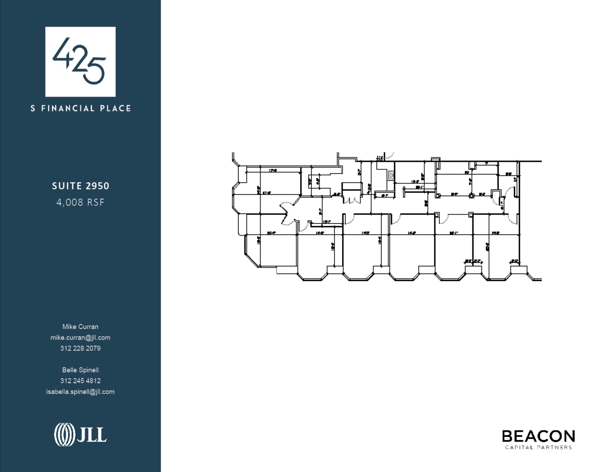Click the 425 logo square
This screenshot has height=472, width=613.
click(80, 62)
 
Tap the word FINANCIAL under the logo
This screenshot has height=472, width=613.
click(68, 108)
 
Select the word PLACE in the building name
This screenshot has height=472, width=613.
click(115, 108)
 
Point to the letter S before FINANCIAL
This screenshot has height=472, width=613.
click(33, 108)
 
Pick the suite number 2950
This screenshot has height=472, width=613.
click(97, 186)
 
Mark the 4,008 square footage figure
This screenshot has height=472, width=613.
click(69, 202)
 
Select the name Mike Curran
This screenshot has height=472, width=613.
click(80, 327)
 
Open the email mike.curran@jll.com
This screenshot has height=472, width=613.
click(80, 337)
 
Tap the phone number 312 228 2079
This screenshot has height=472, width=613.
click(80, 348)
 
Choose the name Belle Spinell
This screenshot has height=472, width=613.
click(80, 370)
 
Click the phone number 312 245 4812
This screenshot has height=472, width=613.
click(80, 381)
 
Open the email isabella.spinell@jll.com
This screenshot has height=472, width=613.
click(80, 392)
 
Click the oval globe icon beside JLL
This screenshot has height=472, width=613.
click(64, 435)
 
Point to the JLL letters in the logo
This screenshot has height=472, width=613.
click(91, 435)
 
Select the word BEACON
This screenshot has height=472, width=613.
click(538, 436)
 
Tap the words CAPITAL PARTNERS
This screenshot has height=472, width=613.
click(538, 447)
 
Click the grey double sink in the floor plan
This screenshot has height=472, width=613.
click(391, 175)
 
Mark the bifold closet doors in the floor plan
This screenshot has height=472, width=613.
click(352, 199)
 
